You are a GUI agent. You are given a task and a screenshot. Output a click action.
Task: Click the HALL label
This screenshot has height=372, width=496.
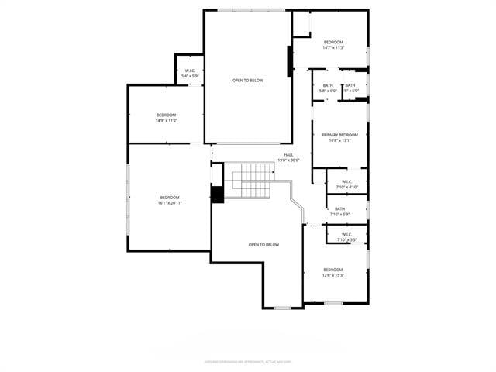[x=288, y=155]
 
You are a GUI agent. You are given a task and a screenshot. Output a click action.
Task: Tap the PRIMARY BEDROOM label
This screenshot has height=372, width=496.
[x=339, y=135]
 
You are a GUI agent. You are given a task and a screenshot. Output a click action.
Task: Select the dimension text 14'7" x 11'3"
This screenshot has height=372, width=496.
[x=333, y=47]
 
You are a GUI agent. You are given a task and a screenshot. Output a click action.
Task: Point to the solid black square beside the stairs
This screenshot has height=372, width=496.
[x=217, y=195]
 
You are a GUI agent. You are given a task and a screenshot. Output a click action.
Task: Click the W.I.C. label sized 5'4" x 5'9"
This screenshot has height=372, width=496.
[x=190, y=71]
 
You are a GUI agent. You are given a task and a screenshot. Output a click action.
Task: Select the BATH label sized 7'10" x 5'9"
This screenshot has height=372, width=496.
[x=339, y=208]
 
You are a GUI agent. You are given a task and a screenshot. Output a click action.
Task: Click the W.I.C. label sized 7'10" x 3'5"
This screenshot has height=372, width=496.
[x=346, y=234]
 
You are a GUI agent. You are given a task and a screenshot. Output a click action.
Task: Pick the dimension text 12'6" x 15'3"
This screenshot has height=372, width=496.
[x=333, y=274]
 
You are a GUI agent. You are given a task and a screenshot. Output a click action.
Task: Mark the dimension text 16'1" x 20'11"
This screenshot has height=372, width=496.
[x=170, y=203]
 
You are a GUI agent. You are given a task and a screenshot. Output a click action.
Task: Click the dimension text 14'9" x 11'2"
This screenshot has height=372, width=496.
[x=167, y=120]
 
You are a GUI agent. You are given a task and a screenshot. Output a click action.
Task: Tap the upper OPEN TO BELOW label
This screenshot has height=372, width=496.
[x=248, y=80]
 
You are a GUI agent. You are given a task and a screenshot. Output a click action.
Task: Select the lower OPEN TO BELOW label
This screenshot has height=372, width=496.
[x=263, y=244]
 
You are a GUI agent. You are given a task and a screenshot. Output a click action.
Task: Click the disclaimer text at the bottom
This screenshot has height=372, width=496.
[x=248, y=360]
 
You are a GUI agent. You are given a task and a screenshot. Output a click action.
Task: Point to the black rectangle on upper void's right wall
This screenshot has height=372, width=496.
[x=290, y=61]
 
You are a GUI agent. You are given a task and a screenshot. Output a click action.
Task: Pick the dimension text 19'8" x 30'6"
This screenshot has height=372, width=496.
[x=288, y=160]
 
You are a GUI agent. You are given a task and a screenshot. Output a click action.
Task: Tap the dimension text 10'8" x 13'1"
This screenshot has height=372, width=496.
[x=339, y=140]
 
